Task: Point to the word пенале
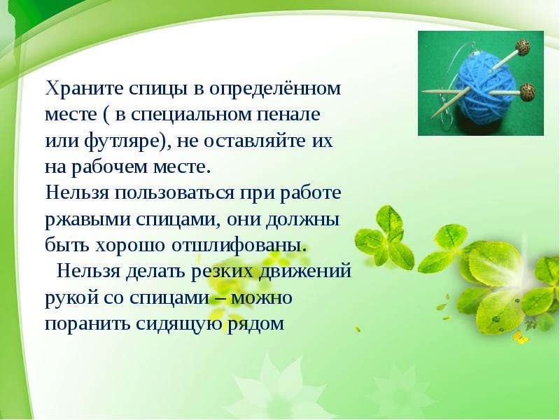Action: (289, 114)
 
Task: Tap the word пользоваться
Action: (174, 193)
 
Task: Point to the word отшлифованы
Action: (239, 246)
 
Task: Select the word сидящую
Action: (179, 324)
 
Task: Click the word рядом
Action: (255, 324)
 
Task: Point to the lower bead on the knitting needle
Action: (527, 92)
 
